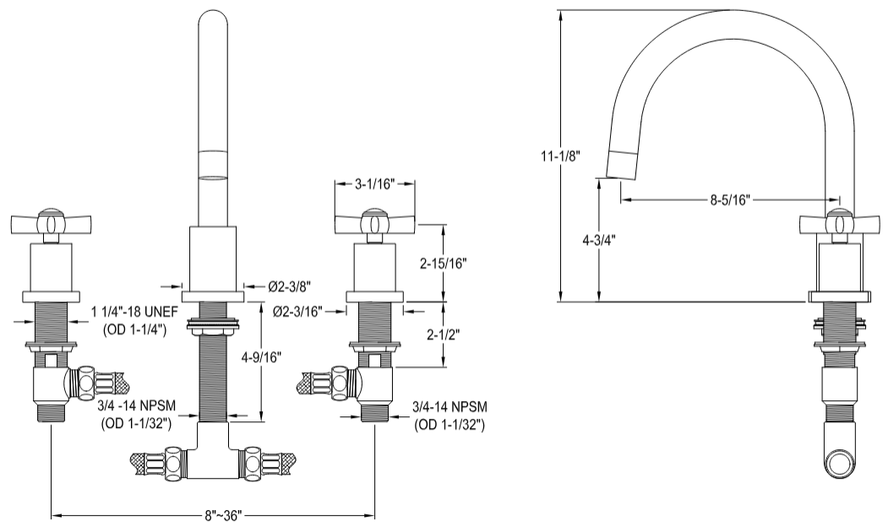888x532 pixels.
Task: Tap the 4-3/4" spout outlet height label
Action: point(598,239)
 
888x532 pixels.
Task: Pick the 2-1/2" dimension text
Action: point(444,335)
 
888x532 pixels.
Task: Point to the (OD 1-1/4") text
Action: point(135,329)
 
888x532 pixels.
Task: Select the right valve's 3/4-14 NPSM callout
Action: point(449,408)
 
